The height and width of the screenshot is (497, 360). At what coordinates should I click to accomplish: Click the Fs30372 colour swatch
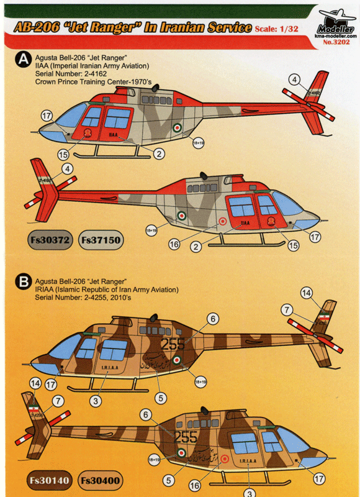tap(52, 239)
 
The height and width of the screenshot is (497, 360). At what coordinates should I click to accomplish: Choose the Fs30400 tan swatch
tap(100, 480)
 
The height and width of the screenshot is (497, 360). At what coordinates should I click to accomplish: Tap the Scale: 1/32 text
tap(280, 29)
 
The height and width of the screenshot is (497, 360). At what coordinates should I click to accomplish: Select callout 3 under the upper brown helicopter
tap(96, 401)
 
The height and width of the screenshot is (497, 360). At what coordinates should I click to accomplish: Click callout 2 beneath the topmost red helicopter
tap(160, 153)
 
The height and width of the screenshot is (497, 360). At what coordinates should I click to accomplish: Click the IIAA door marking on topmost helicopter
tap(113, 134)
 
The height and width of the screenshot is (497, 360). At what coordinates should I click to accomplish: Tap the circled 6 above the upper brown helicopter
tap(214, 319)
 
